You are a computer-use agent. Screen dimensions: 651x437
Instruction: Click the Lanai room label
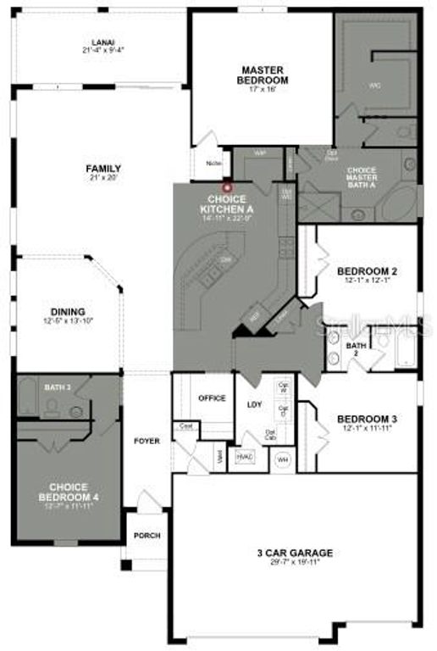click(x=103, y=45)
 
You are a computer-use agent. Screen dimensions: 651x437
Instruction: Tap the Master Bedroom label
click(x=263, y=75)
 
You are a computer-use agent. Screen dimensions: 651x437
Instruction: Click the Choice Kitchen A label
click(x=226, y=203)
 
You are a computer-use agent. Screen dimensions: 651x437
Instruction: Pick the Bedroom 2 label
click(x=367, y=274)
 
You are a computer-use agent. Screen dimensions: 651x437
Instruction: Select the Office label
click(x=212, y=398)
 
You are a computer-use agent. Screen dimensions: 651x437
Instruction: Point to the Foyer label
click(x=147, y=442)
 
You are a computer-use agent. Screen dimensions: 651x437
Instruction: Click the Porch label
click(x=147, y=536)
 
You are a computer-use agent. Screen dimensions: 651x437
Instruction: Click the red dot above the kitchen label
click(x=226, y=187)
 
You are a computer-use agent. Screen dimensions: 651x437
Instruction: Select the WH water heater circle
click(x=282, y=459)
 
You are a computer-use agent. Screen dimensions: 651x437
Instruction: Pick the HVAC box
click(x=245, y=457)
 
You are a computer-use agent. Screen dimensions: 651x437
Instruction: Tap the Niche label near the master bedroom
click(x=214, y=164)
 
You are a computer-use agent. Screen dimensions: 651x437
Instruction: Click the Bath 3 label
click(x=57, y=387)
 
